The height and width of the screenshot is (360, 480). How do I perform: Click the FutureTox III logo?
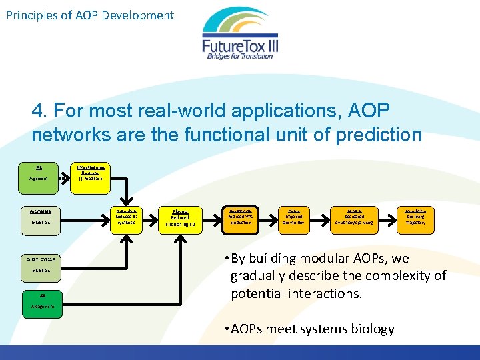[x=240, y=38]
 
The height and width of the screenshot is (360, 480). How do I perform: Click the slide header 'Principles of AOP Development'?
[x=90, y=15]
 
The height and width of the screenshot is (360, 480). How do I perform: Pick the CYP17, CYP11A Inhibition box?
[x=39, y=263]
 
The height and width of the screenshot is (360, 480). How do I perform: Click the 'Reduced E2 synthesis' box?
[x=127, y=217]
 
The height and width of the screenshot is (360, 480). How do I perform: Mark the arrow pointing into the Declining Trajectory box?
[x=389, y=217]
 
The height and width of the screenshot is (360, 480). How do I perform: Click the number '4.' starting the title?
[x=41, y=111]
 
